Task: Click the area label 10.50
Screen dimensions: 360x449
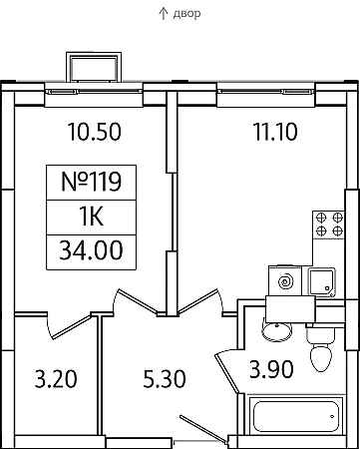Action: click(x=95, y=132)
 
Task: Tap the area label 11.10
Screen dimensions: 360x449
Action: click(x=275, y=132)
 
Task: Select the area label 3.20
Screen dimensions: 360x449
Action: click(x=56, y=379)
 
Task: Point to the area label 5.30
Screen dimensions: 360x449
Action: click(x=165, y=379)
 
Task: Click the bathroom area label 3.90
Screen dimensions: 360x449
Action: click(x=271, y=369)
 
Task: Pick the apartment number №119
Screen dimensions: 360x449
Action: click(x=91, y=182)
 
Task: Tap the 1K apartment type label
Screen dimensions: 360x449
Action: click(x=91, y=217)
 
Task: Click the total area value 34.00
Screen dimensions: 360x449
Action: click(x=91, y=250)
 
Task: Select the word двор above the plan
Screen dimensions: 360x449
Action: click(x=186, y=14)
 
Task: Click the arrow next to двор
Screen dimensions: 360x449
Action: click(x=163, y=14)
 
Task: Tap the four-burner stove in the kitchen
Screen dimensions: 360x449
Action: click(x=328, y=224)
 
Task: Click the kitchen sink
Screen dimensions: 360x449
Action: click(x=322, y=282)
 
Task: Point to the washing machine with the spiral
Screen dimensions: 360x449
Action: click(x=285, y=281)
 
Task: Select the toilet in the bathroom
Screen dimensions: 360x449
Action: click(x=321, y=349)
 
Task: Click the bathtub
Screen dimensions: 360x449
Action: click(x=296, y=416)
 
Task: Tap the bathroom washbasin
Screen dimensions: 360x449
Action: click(x=277, y=329)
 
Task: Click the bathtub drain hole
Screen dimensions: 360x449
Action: click(x=332, y=416)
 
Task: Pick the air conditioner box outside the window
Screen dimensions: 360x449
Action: click(x=94, y=67)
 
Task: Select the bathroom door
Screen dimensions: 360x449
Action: click(x=227, y=373)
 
